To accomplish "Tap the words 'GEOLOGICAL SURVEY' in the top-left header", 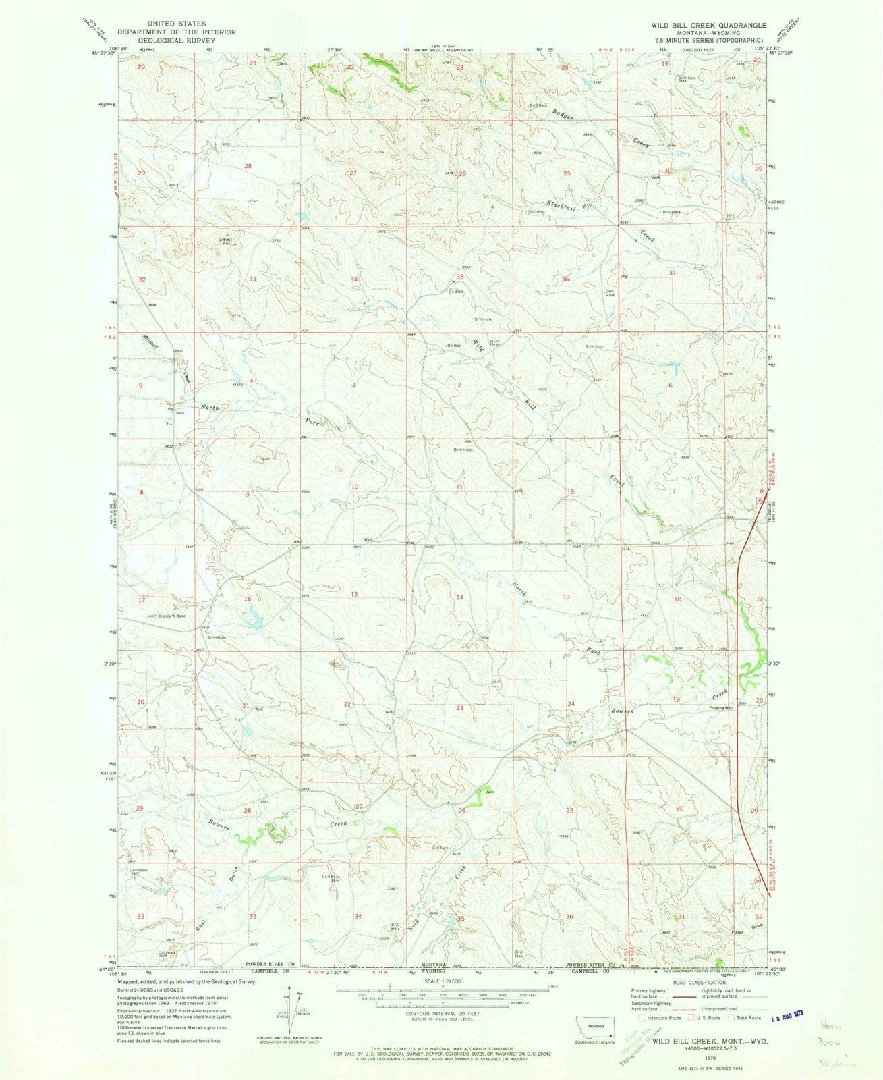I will (176, 40).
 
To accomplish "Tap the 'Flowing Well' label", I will (720, 708).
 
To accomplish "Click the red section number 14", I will (459, 598).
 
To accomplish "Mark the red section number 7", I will (674, 491).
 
